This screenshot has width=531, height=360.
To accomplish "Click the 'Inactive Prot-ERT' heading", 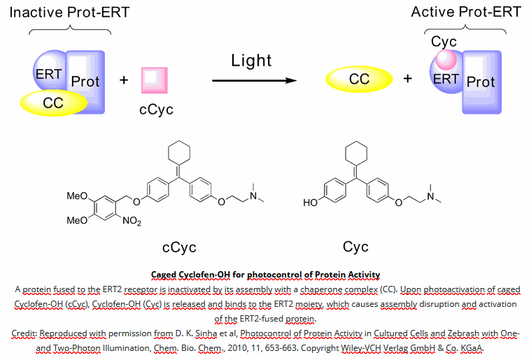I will pos(70,12).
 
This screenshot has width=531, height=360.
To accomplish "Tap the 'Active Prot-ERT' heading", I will pos(466,12).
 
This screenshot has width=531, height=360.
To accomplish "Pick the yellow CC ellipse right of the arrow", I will pos(359,79).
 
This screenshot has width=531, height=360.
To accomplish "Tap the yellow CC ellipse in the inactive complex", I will pos(53,103).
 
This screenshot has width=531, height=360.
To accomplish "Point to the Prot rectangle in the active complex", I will pos(482,82).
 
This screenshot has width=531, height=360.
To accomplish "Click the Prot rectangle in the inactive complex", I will pos(87,82).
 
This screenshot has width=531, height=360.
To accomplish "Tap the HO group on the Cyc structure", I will pos(310,203).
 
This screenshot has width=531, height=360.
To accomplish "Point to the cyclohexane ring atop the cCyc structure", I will pos(180,154).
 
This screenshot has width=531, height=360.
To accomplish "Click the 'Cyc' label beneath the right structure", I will pos(355,247).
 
